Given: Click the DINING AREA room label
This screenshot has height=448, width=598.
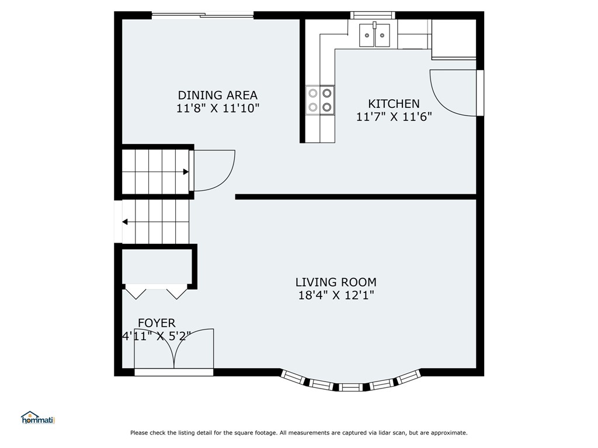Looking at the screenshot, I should (x=217, y=95).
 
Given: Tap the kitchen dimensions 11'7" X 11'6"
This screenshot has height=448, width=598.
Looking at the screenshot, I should (x=394, y=117).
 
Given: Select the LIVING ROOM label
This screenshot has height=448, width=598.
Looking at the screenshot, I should (x=335, y=282).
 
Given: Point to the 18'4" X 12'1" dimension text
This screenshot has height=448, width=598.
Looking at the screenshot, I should (x=335, y=296).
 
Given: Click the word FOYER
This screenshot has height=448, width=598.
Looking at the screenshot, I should (x=156, y=323).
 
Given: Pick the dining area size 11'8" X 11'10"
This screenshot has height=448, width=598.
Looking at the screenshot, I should (x=217, y=108).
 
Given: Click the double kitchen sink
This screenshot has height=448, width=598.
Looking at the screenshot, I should (x=374, y=35).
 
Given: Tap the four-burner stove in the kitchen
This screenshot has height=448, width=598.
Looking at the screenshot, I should (x=320, y=99).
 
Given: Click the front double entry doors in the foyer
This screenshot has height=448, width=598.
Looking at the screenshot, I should (x=174, y=350).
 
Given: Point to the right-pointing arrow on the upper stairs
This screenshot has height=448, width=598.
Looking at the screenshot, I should (x=185, y=171).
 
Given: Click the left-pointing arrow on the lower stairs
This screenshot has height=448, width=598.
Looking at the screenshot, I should (x=126, y=222).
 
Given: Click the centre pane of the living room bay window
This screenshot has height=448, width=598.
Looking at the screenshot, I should (x=350, y=386).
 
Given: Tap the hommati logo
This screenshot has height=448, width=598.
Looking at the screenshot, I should (x=37, y=418).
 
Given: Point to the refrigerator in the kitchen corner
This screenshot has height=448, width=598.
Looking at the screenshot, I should (x=454, y=38).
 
